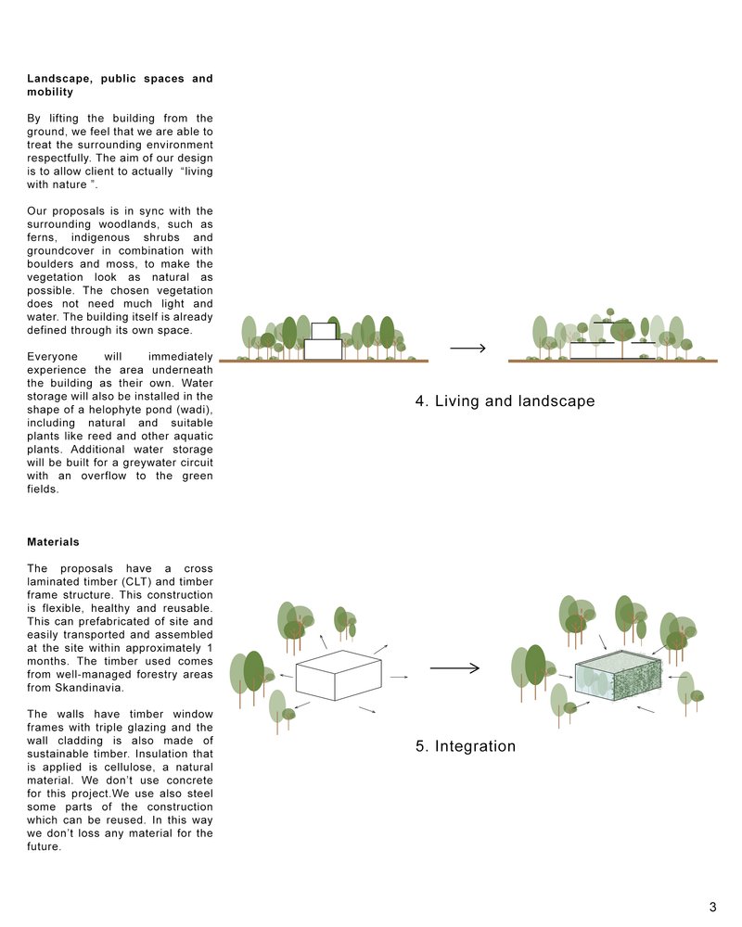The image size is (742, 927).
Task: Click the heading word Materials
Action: (x=53, y=541)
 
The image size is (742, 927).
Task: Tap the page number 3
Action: (x=712, y=907)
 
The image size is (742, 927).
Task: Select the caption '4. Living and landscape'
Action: (x=505, y=401)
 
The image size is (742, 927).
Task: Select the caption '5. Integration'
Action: (x=466, y=746)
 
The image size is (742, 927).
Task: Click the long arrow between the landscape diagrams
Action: (x=468, y=349)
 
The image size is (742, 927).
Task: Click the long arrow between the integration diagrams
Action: (x=454, y=668)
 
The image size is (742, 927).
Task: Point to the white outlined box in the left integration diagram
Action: (x=339, y=675)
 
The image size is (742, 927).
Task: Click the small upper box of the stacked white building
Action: (x=323, y=331)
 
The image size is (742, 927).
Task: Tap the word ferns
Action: (x=44, y=237)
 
